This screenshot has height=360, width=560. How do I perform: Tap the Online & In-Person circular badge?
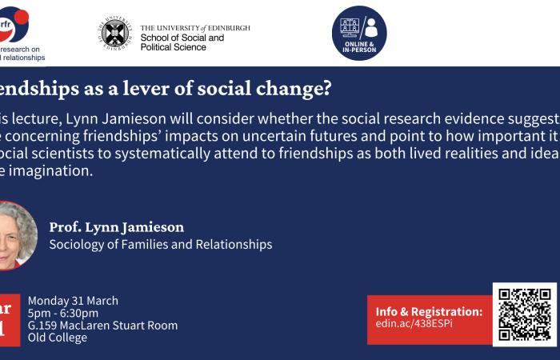point(359,33)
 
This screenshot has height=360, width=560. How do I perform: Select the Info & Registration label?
point(428,311)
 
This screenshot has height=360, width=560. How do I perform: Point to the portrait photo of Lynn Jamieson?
point(14,235)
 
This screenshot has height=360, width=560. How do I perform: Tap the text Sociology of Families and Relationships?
point(161,244)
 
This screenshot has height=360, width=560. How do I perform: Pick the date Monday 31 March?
point(73,301)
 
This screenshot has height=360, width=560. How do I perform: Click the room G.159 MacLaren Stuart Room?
point(102,325)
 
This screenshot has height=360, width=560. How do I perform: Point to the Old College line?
point(58,337)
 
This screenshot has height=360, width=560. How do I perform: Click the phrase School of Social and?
point(182,38)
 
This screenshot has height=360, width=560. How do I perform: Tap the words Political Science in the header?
point(174,47)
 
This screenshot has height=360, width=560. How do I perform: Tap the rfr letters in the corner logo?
point(7,23)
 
